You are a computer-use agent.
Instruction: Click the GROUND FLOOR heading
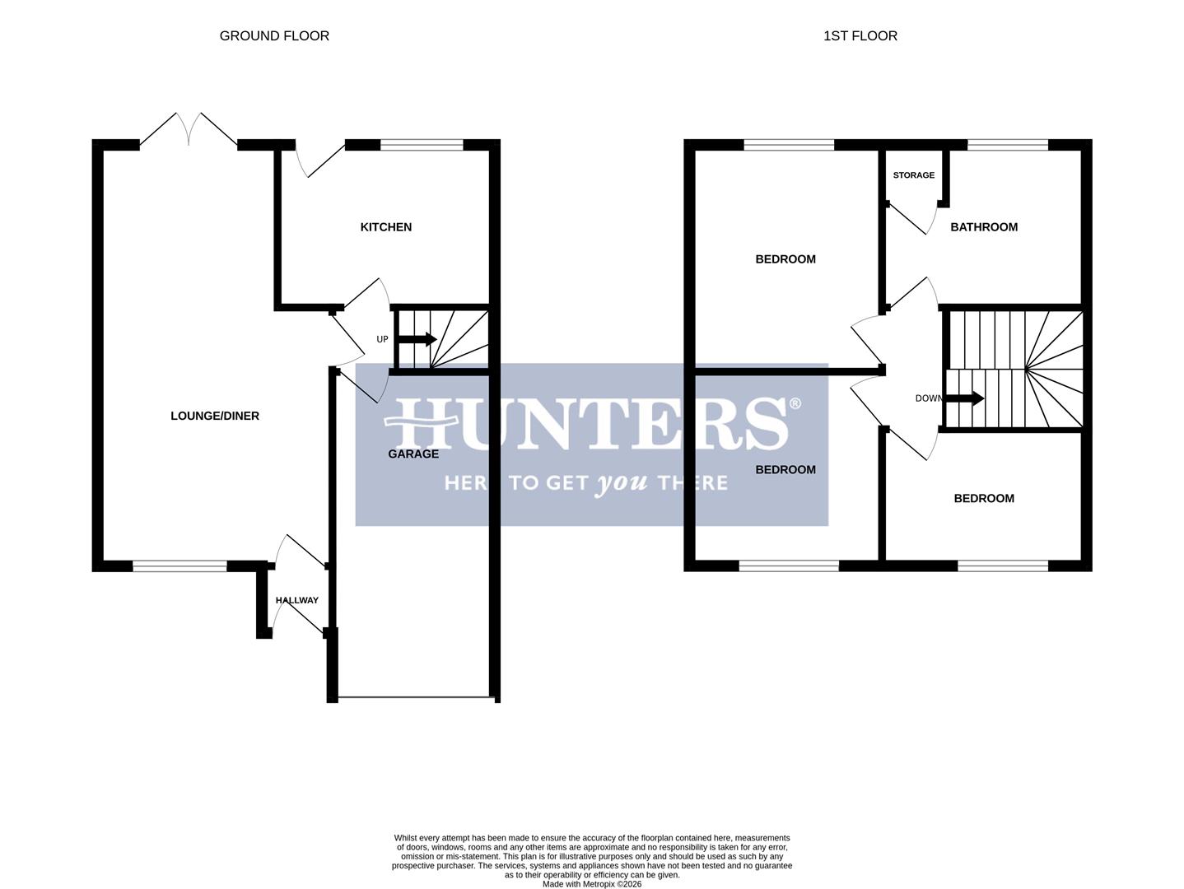coord(274,36)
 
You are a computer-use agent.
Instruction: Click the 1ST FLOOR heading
coord(860,36)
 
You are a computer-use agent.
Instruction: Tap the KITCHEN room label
coord(385,227)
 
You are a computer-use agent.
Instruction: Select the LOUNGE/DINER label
coord(215,417)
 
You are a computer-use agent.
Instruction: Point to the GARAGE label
coord(413,454)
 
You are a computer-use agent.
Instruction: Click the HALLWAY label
coord(296,601)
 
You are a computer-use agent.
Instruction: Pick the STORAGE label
coord(914,175)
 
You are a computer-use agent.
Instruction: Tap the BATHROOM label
coord(984,227)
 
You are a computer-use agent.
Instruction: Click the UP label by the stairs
coord(382,339)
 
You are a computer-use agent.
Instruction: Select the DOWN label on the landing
coord(928,398)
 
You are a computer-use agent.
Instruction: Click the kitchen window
coord(422,146)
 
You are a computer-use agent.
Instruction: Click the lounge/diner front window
coord(179,566)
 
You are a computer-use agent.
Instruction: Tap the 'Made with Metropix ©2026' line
coord(591,884)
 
